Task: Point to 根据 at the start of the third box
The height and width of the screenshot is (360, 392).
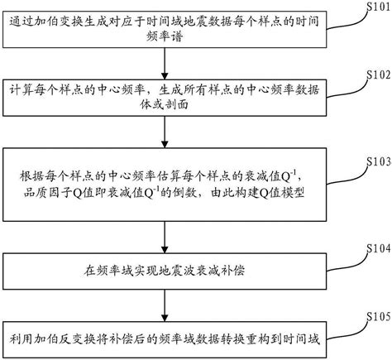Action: tap(27, 176)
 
